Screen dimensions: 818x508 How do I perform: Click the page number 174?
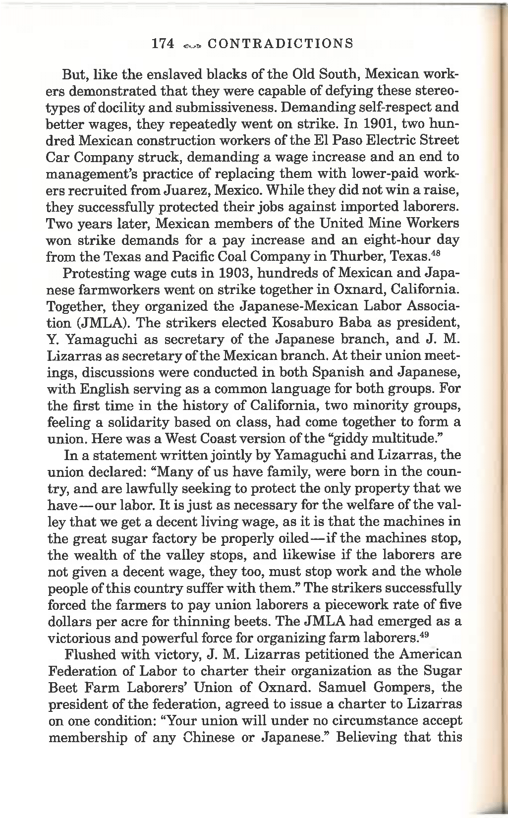click(x=163, y=44)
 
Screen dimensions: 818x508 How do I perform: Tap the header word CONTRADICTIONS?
click(x=281, y=44)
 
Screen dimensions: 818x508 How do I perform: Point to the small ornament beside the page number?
click(x=191, y=45)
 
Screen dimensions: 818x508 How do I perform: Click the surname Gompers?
click(x=404, y=688)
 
